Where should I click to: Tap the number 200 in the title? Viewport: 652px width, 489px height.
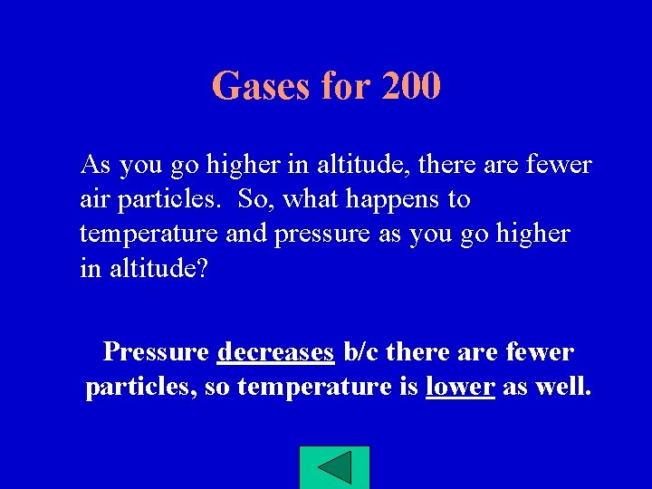(x=411, y=87)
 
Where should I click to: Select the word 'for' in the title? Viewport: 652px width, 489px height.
(x=345, y=87)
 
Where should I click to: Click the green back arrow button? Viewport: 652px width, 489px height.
(x=334, y=467)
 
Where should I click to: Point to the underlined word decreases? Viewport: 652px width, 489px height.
(x=276, y=351)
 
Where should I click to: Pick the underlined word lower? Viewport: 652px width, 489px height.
(x=460, y=387)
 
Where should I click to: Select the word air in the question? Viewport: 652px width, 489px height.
(x=93, y=199)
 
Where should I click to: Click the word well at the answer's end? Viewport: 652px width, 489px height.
(x=568, y=387)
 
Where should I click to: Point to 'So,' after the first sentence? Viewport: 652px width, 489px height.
(x=256, y=199)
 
